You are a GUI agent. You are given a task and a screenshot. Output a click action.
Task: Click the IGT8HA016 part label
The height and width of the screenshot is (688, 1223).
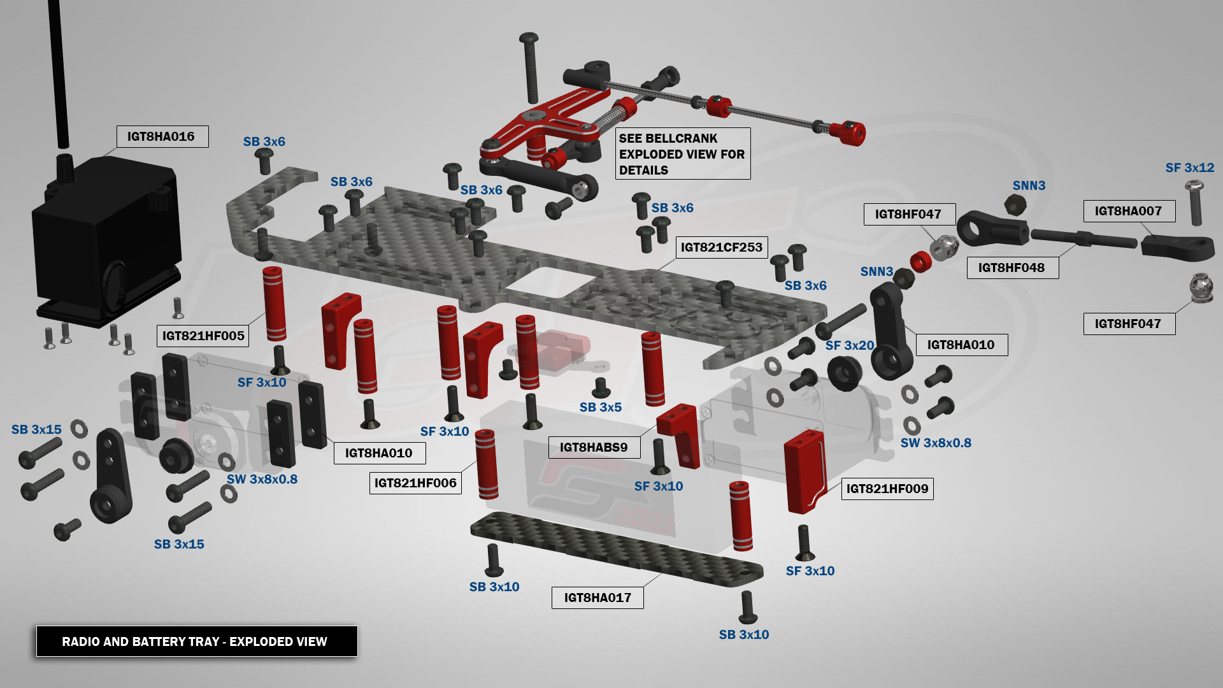(162, 136)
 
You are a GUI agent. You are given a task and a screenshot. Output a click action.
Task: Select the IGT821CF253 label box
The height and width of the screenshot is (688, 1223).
(721, 247)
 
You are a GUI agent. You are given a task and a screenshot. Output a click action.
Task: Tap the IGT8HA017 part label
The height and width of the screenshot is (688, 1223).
(597, 598)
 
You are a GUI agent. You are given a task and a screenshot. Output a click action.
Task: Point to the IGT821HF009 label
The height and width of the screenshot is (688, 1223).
(887, 489)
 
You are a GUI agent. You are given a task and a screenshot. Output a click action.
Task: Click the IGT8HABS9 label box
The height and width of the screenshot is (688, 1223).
(594, 447)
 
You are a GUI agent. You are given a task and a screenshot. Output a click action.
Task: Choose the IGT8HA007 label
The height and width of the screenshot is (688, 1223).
(1128, 211)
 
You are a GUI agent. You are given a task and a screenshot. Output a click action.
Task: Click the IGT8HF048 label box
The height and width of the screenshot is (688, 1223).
(1012, 268)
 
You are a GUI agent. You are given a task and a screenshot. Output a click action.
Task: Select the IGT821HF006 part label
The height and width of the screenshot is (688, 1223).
(415, 483)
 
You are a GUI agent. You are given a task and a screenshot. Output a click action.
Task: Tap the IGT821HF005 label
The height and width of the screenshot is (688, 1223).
(203, 336)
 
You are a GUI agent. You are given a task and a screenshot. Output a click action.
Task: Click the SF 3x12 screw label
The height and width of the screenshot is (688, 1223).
(1189, 168)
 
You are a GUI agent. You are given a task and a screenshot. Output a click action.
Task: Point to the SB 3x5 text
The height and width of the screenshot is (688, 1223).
(600, 407)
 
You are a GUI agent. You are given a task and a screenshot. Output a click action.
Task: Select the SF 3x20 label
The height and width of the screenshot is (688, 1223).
(849, 345)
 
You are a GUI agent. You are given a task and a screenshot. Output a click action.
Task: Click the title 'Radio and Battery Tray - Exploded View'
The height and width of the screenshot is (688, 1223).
(195, 641)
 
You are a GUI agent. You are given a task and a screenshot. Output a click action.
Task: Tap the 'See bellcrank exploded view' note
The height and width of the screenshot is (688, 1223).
(682, 154)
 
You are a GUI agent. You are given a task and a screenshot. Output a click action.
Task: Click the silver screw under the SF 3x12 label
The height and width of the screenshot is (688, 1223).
(1195, 203)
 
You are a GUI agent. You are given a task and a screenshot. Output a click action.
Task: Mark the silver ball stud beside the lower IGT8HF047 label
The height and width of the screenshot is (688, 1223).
(1201, 287)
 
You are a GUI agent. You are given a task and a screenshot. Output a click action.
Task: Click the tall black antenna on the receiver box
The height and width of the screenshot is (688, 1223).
(59, 70)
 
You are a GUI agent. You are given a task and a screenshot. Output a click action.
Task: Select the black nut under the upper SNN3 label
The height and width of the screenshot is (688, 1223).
(1014, 204)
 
